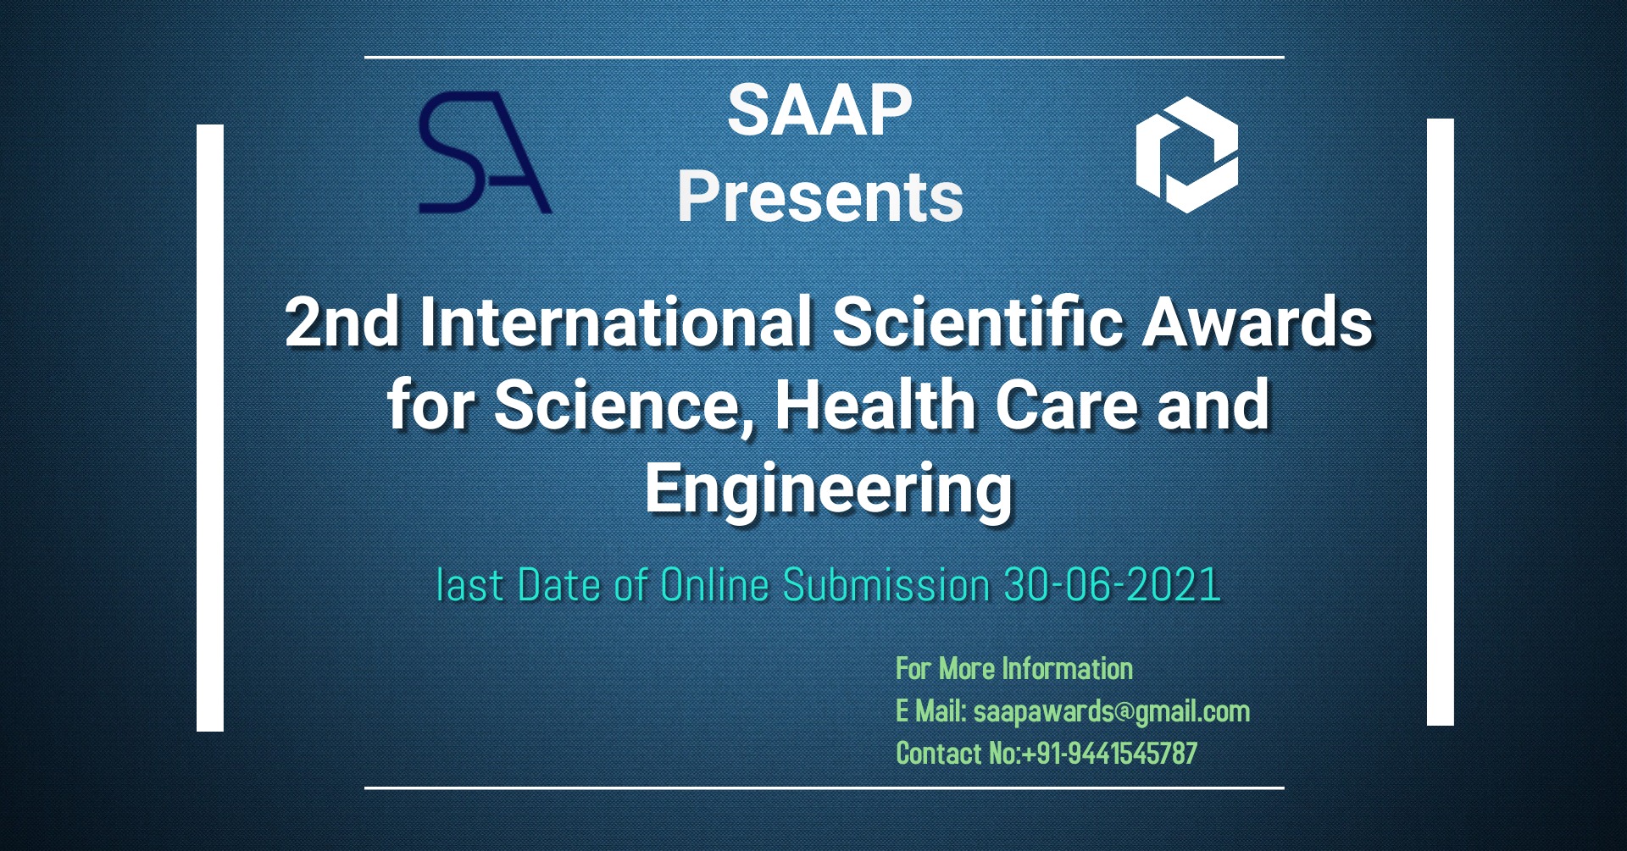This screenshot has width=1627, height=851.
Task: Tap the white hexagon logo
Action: [x=1186, y=154]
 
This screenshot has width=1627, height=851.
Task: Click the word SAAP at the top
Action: [x=819, y=110]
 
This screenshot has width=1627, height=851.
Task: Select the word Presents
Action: [x=819, y=196]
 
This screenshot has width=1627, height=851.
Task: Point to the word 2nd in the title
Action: [x=342, y=323]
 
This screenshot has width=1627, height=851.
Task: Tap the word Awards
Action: [x=1258, y=323]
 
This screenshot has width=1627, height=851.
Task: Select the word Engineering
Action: [x=828, y=489]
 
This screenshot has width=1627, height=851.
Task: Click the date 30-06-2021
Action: [x=1112, y=585]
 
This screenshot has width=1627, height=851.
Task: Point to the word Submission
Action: [x=886, y=585]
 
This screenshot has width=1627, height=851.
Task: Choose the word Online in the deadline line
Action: [x=714, y=585]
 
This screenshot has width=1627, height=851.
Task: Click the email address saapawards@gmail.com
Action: [x=1111, y=711]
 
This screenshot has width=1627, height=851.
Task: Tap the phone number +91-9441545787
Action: [x=1110, y=754]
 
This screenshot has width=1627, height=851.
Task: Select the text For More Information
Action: [x=1013, y=669]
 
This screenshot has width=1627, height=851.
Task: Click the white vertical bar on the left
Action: [x=210, y=428]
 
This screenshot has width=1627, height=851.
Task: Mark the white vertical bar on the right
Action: [x=1440, y=422]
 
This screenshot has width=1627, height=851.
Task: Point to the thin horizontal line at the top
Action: [x=824, y=58]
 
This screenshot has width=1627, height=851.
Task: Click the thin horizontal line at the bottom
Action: [x=824, y=788]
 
